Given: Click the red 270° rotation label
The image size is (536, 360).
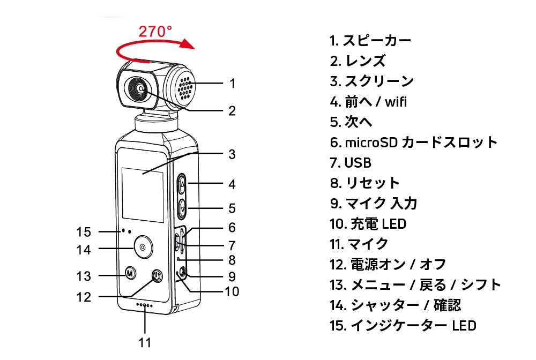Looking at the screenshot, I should coord(155,32).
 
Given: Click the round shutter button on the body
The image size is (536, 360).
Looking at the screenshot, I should coord(142,247).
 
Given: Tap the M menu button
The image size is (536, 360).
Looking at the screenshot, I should coord(129,273).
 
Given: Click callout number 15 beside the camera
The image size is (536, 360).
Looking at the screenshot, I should coord(84,232).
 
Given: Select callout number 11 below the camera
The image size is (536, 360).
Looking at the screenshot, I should coord(145,342).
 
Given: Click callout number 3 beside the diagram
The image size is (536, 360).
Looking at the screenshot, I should coord(232,154).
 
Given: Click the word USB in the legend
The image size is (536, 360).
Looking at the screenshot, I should coord(358,162).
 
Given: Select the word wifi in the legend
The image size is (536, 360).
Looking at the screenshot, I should coord(394,101).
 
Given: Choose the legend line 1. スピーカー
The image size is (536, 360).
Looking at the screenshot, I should coord(370,40).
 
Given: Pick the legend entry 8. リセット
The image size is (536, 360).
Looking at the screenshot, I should coord(364,183).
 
